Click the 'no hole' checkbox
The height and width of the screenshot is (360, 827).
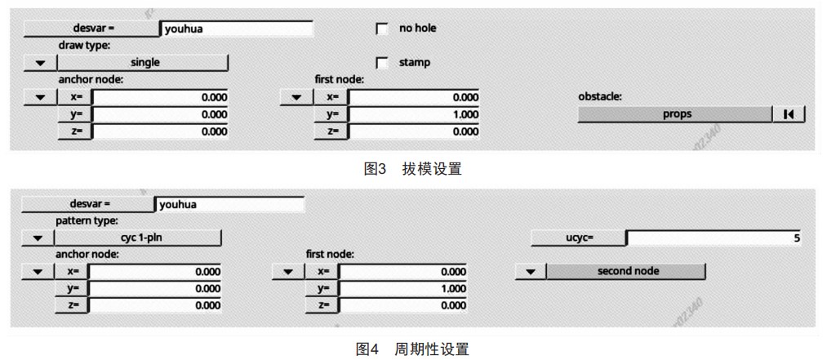click(382, 29)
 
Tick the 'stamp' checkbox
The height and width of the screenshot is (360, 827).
click(382, 63)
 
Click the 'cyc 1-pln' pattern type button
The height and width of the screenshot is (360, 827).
click(138, 238)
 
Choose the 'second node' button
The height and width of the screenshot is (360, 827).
click(626, 272)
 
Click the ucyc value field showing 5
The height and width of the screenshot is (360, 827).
click(714, 238)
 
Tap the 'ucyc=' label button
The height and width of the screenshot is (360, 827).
click(578, 238)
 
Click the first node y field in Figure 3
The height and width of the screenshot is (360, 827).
click(414, 114)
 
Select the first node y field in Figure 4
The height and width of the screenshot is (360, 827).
click(403, 289)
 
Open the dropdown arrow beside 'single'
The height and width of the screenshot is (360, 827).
click(39, 63)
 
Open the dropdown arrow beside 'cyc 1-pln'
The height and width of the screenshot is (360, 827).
click(38, 238)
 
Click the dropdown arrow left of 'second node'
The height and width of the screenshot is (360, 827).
click(530, 272)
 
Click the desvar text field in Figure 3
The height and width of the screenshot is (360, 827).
click(236, 29)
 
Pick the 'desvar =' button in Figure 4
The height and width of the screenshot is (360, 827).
click(87, 204)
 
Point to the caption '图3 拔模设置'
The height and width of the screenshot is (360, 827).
click(413, 169)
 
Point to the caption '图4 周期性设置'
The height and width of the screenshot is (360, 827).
click(412, 349)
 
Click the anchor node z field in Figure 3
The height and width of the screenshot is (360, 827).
click(160, 131)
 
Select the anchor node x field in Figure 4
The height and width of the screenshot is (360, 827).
click(154, 272)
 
